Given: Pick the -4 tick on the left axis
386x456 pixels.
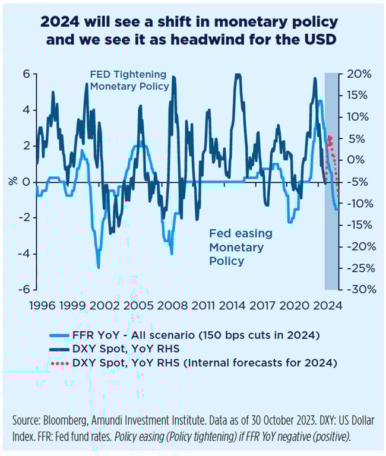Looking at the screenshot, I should click(x=24, y=254).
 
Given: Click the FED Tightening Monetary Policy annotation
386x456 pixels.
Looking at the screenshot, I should click(x=129, y=81).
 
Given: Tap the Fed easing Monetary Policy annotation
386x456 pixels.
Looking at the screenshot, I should click(x=236, y=247).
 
